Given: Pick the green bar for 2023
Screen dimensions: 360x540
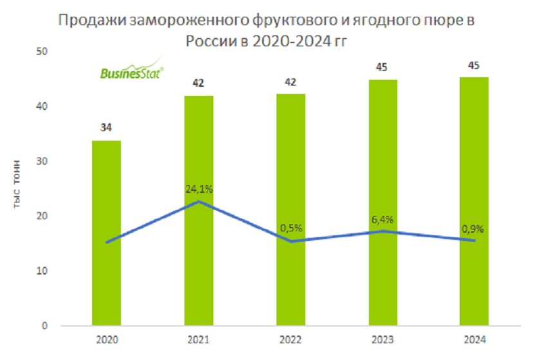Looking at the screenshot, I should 382,203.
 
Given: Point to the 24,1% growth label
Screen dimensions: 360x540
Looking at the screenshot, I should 199,189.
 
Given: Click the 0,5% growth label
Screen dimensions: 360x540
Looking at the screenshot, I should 291,228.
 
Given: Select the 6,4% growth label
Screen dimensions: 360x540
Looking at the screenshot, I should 382,219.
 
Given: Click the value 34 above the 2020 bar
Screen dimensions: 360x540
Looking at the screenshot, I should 106,127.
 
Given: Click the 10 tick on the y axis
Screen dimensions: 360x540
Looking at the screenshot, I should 46,271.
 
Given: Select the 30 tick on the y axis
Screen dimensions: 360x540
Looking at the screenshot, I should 46,161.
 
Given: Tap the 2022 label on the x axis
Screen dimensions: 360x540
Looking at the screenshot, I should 291,339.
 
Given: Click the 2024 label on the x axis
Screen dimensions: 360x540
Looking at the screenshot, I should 474,339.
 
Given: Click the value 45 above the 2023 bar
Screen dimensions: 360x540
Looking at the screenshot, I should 382,67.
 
